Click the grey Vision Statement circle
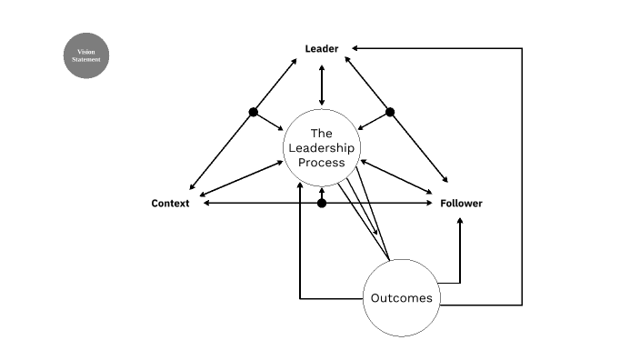(x=87, y=55)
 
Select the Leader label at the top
(x=322, y=49)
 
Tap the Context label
(x=170, y=204)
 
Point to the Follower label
(x=462, y=204)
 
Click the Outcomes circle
(x=401, y=298)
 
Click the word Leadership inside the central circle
(x=322, y=147)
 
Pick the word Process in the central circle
(x=322, y=163)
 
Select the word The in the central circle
(x=322, y=133)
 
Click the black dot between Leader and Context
(x=254, y=112)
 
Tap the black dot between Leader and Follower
(x=390, y=112)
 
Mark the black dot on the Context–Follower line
(x=322, y=204)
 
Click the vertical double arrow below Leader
(x=322, y=85)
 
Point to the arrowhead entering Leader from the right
(x=355, y=49)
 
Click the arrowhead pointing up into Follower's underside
(x=460, y=220)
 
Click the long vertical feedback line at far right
(x=522, y=173)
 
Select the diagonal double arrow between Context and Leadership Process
(x=242, y=179)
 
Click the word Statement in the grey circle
(x=87, y=60)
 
